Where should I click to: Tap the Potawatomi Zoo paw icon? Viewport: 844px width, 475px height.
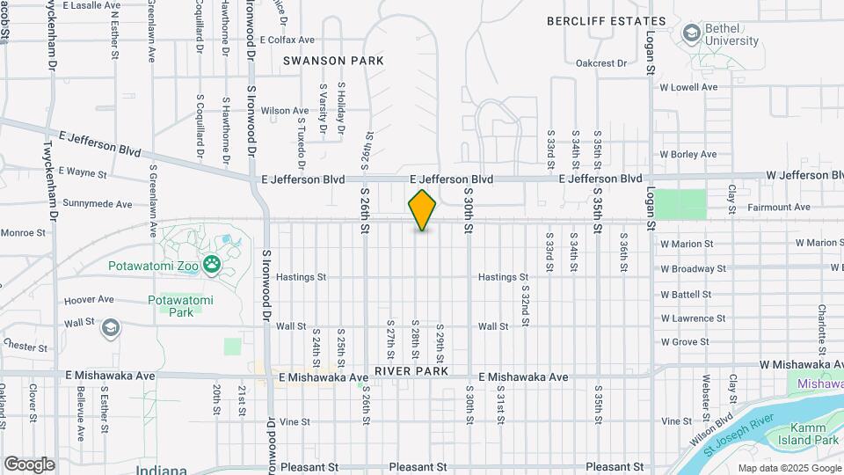click(212, 264)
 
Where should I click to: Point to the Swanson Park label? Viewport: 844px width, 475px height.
click(333, 61)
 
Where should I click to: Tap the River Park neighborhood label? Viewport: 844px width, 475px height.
click(411, 371)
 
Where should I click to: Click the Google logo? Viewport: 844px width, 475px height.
click(29, 464)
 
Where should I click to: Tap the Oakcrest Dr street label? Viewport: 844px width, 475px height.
click(600, 63)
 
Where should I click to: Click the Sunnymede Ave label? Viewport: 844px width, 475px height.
click(98, 204)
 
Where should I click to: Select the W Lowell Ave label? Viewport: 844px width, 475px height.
click(689, 87)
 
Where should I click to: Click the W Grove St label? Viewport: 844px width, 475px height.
click(685, 341)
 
